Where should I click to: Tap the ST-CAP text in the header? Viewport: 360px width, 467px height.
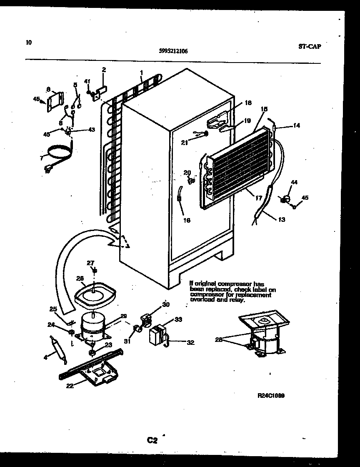[310, 46]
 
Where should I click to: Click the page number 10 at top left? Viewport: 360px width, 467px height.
[28, 42]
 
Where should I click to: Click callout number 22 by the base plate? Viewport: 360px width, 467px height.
[69, 386]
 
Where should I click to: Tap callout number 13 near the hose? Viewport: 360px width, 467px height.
[282, 219]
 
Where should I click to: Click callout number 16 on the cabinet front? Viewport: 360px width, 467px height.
[186, 220]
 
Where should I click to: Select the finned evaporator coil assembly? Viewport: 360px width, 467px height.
[237, 167]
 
